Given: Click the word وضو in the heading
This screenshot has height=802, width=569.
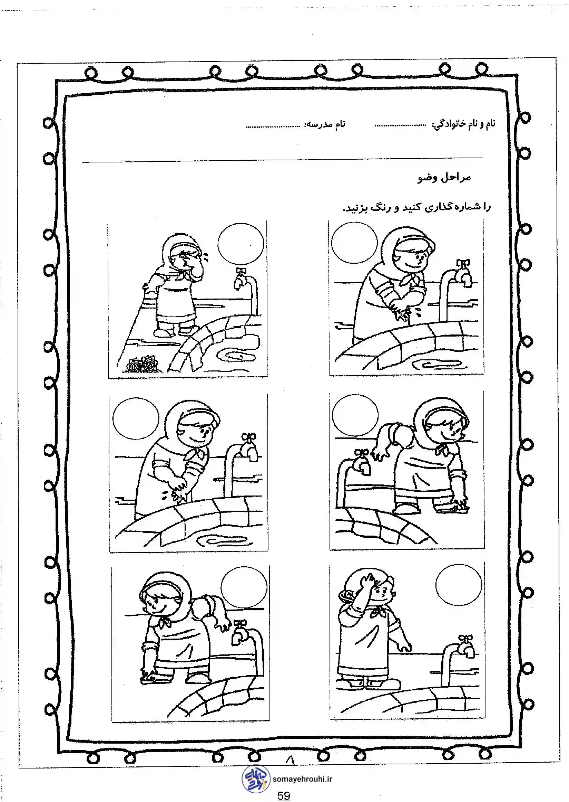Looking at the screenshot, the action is pyautogui.click(x=427, y=178).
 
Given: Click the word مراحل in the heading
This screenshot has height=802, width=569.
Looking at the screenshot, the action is pyautogui.click(x=455, y=178).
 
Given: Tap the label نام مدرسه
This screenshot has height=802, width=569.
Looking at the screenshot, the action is pyautogui.click(x=325, y=124).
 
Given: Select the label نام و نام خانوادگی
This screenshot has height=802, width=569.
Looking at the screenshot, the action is pyautogui.click(x=464, y=124).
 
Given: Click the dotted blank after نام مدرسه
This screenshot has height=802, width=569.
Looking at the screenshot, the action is pyautogui.click(x=273, y=127).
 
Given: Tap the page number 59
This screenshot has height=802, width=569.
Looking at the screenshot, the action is pyautogui.click(x=284, y=796).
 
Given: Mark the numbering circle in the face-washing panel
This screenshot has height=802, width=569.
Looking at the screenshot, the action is pyautogui.click(x=241, y=245).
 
